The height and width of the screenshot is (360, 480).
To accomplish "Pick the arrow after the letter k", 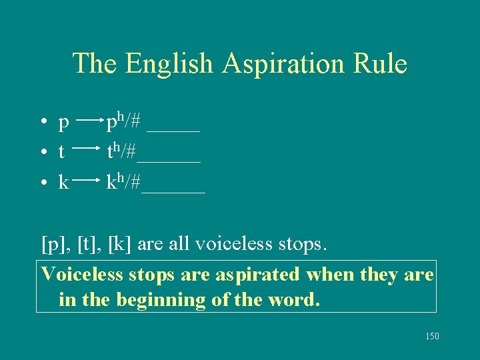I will [x=89, y=181].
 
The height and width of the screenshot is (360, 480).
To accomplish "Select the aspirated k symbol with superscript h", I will [x=115, y=181].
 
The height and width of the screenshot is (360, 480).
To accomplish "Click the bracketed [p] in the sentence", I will [x=53, y=245].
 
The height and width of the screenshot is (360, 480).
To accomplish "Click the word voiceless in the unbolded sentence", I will [x=235, y=244].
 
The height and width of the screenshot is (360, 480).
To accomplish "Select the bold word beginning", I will [x=161, y=300].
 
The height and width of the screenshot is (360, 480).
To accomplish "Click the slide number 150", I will [x=432, y=337].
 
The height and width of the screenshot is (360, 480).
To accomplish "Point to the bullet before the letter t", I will [x=42, y=153].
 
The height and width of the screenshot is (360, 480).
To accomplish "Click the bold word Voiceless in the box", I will [x=82, y=274].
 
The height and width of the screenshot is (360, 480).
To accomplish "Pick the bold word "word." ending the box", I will [x=290, y=299].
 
